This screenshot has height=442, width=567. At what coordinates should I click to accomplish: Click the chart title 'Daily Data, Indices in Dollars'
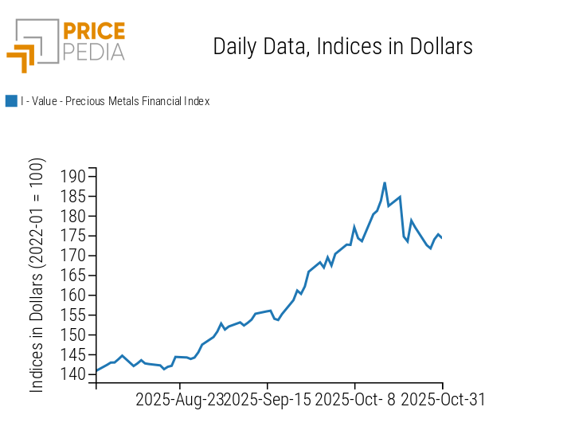(342, 46)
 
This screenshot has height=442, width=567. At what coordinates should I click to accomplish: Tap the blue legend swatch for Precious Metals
(11, 101)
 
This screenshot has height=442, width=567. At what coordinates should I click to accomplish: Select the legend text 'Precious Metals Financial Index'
(115, 101)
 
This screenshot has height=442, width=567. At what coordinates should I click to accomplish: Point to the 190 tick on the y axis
(73, 176)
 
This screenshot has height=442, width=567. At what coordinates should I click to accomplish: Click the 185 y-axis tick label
(73, 196)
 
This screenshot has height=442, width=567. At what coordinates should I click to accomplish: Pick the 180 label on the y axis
(73, 216)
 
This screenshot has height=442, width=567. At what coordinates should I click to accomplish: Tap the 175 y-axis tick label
(73, 236)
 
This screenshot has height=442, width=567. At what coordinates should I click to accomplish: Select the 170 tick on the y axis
(73, 256)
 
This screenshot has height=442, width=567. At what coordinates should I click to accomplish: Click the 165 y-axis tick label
(73, 276)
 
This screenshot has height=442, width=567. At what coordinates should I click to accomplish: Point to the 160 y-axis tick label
(73, 295)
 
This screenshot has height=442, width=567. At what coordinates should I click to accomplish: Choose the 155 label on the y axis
(73, 315)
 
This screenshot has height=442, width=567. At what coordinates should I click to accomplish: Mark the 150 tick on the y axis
(73, 334)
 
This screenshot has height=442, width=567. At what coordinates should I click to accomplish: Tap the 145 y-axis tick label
(73, 354)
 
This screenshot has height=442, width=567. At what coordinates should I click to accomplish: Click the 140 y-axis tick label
(73, 374)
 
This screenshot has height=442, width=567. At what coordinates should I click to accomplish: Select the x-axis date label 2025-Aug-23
(179, 399)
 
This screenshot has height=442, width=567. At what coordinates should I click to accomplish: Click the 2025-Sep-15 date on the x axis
(268, 399)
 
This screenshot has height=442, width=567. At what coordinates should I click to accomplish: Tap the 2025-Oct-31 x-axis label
(442, 399)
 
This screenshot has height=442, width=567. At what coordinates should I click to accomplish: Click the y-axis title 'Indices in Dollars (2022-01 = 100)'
(37, 275)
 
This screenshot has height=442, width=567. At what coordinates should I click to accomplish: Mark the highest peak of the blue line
(385, 182)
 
